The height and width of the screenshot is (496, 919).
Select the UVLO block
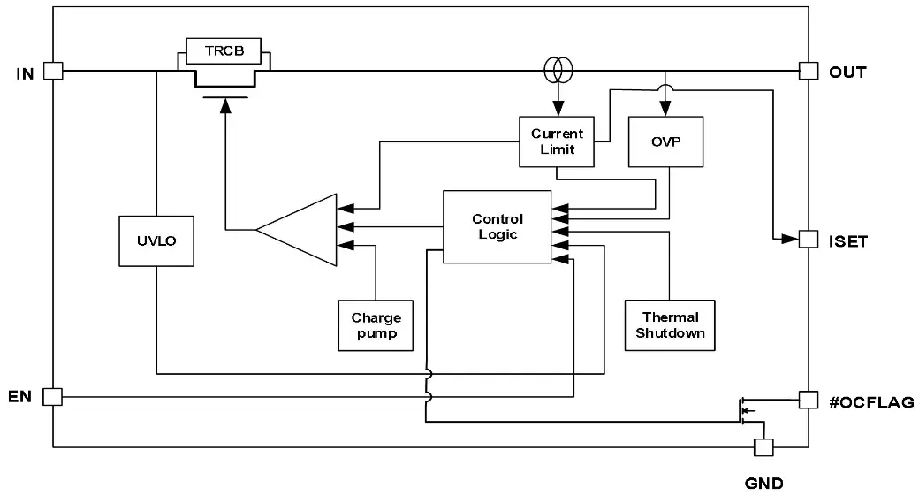pos(156,239)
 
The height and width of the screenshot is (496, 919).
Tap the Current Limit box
pos(557,141)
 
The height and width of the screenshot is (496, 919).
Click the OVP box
pos(665,141)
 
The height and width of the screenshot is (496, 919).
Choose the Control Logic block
pos(497,226)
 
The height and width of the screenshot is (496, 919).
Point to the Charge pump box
pos(376,325)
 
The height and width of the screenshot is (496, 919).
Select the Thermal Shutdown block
pos(670,324)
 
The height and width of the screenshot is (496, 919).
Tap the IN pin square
pos(53,71)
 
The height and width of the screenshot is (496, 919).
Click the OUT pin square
pos(808,71)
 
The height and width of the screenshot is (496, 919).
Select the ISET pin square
pos(808,239)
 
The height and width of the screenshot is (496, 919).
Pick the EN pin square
pos(53,396)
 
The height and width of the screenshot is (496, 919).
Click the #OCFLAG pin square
pos(808,400)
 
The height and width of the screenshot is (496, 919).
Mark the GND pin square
pos(762,447)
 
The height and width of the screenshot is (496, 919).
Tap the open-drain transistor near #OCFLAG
pos(745,409)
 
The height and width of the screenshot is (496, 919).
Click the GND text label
pos(763,484)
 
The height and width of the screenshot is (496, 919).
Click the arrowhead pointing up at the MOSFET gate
pos(224,106)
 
